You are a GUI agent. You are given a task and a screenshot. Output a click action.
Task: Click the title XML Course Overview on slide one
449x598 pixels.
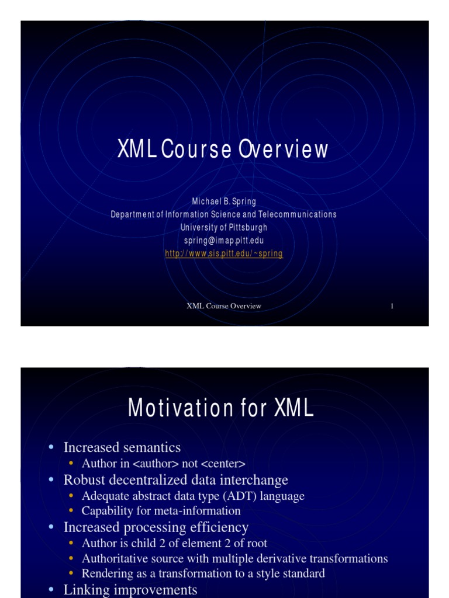223,151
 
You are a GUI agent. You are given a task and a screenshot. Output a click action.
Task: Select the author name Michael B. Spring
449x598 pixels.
224,201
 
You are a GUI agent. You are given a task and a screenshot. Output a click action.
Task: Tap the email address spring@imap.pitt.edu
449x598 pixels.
224,241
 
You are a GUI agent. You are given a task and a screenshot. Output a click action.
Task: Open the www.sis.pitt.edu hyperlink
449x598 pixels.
224,253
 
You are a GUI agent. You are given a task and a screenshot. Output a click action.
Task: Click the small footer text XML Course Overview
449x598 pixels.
224,306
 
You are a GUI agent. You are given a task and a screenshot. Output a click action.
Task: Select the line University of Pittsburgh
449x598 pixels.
224,227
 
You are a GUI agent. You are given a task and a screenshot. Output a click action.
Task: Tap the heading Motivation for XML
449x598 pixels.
221,408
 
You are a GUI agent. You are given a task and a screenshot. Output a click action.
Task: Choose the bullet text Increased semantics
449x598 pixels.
122,448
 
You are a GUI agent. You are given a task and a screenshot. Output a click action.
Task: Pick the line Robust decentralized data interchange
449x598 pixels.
176,480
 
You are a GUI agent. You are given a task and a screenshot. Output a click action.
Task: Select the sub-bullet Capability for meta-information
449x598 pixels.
161,511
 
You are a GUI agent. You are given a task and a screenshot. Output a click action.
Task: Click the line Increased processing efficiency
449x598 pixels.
156,527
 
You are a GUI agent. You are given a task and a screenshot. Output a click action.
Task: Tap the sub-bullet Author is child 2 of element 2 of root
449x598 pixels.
174,543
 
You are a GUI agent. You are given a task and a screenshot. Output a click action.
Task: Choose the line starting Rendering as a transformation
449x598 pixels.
203,573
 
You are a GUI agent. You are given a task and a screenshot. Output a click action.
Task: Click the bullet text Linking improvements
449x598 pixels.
130,589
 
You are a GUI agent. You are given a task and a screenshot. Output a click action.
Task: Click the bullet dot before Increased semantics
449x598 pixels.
51,447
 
